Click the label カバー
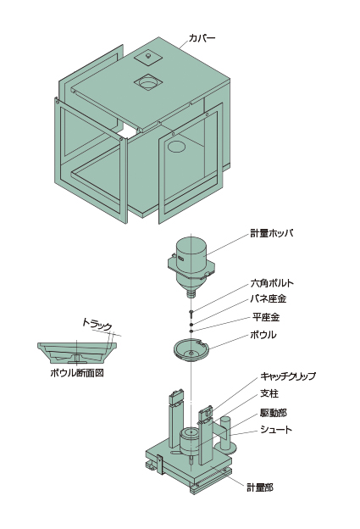(202, 38)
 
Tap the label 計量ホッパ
(271, 233)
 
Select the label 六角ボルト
(272, 282)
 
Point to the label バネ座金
(269, 298)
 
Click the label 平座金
(266, 317)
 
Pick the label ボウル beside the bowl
(263, 335)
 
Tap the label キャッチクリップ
(288, 376)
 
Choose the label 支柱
(269, 393)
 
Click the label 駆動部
(274, 412)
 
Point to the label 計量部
(260, 487)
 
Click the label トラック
(97, 325)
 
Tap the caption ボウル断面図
(77, 373)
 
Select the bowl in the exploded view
(191, 350)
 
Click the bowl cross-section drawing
(77, 353)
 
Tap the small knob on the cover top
(148, 56)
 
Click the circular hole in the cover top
(147, 81)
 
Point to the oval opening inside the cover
(176, 147)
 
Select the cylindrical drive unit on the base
(191, 441)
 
